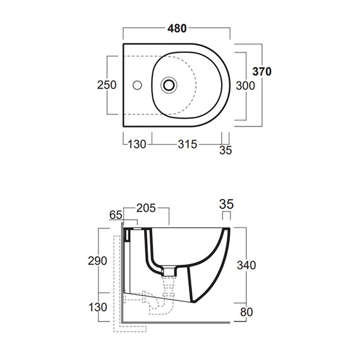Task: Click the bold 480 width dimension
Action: (x=177, y=28)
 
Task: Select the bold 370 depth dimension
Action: (x=262, y=71)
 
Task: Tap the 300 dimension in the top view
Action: (x=246, y=86)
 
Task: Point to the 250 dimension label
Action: (x=107, y=85)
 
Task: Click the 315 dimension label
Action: (x=188, y=145)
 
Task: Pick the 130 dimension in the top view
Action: (x=137, y=145)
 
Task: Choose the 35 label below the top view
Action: (x=225, y=150)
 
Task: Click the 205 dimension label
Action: (x=146, y=208)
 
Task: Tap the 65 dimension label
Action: (x=116, y=215)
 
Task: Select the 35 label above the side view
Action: (x=226, y=204)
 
